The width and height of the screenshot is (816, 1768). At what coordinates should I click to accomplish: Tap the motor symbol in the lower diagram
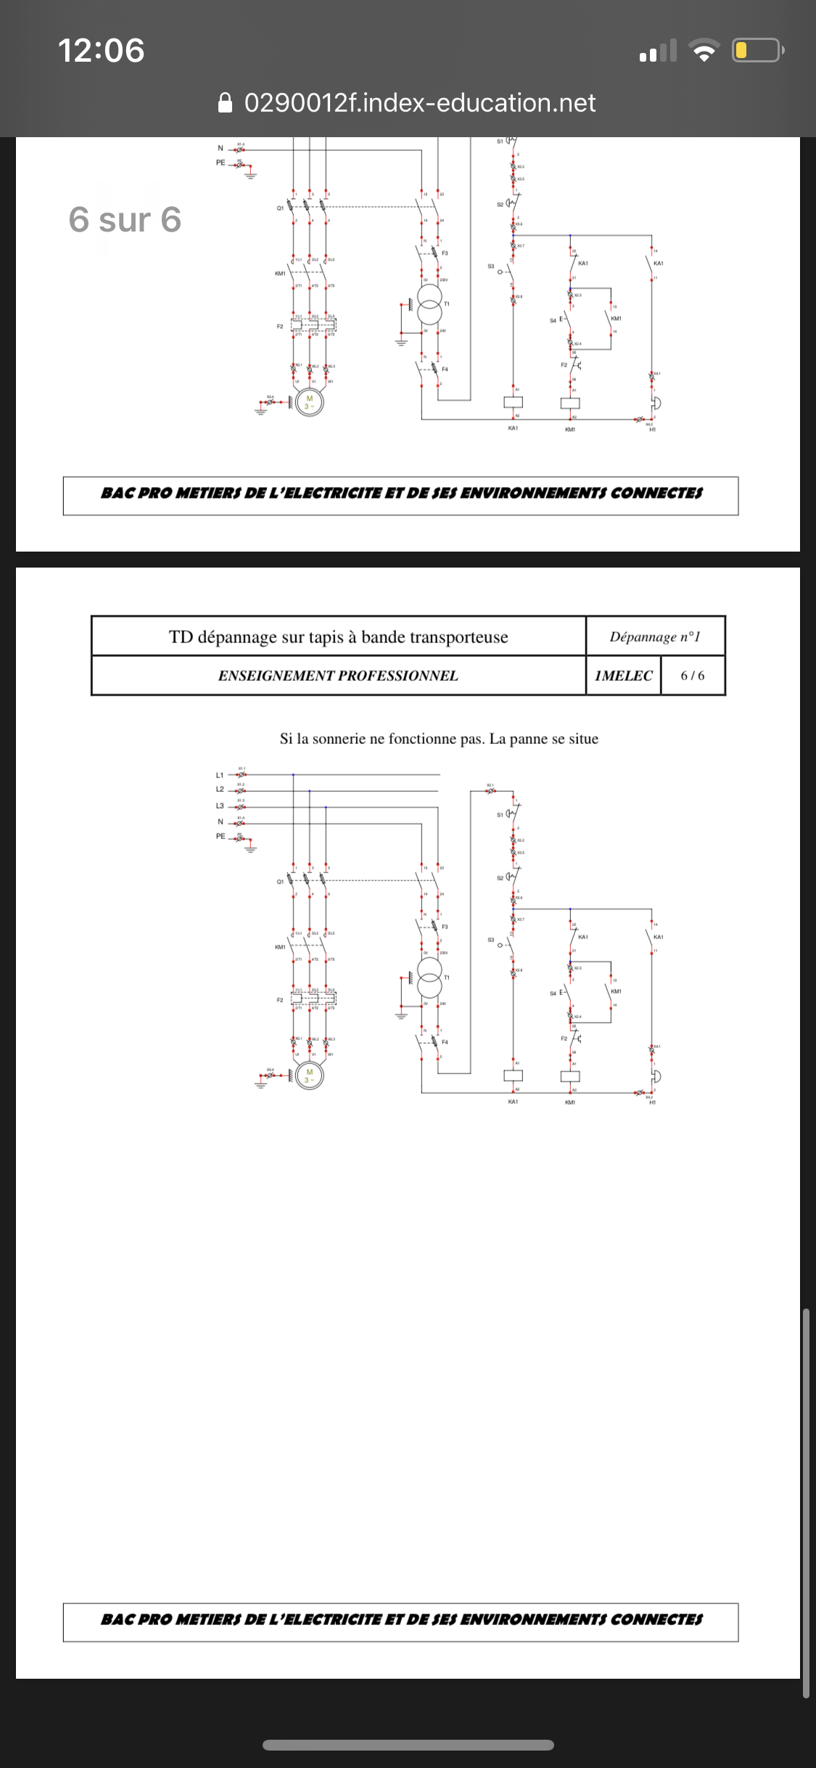pyautogui.click(x=310, y=1076)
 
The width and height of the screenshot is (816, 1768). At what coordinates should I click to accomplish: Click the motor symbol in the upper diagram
pyautogui.click(x=310, y=402)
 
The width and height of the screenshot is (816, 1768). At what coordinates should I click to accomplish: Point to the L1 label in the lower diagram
pyautogui.click(x=220, y=775)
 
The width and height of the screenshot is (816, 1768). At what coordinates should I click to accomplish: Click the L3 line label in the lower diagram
pyautogui.click(x=220, y=806)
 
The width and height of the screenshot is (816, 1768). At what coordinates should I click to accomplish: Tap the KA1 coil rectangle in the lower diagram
pyautogui.click(x=513, y=1076)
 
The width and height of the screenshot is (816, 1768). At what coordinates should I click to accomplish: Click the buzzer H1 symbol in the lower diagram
pyautogui.click(x=655, y=1076)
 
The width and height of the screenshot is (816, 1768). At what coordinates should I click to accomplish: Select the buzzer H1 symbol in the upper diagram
pyautogui.click(x=655, y=403)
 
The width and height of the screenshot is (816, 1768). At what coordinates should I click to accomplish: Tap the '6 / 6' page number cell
pyautogui.click(x=692, y=676)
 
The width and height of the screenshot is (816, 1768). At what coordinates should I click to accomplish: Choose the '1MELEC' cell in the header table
pyautogui.click(x=623, y=676)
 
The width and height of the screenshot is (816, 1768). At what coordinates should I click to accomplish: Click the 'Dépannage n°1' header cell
pyautogui.click(x=655, y=637)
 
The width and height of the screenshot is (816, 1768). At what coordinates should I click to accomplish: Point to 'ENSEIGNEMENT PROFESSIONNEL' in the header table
pyautogui.click(x=338, y=676)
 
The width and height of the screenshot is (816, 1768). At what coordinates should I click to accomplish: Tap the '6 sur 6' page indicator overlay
pyautogui.click(x=125, y=219)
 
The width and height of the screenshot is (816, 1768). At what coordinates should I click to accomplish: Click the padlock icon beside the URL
pyautogui.click(x=226, y=103)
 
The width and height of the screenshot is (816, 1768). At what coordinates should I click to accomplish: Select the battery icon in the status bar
pyautogui.click(x=757, y=50)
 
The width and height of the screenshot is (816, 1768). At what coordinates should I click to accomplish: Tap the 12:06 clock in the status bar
pyautogui.click(x=101, y=50)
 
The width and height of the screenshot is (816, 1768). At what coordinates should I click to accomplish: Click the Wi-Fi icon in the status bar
pyautogui.click(x=703, y=50)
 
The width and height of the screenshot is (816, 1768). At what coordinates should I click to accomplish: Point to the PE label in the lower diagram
pyautogui.click(x=221, y=836)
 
